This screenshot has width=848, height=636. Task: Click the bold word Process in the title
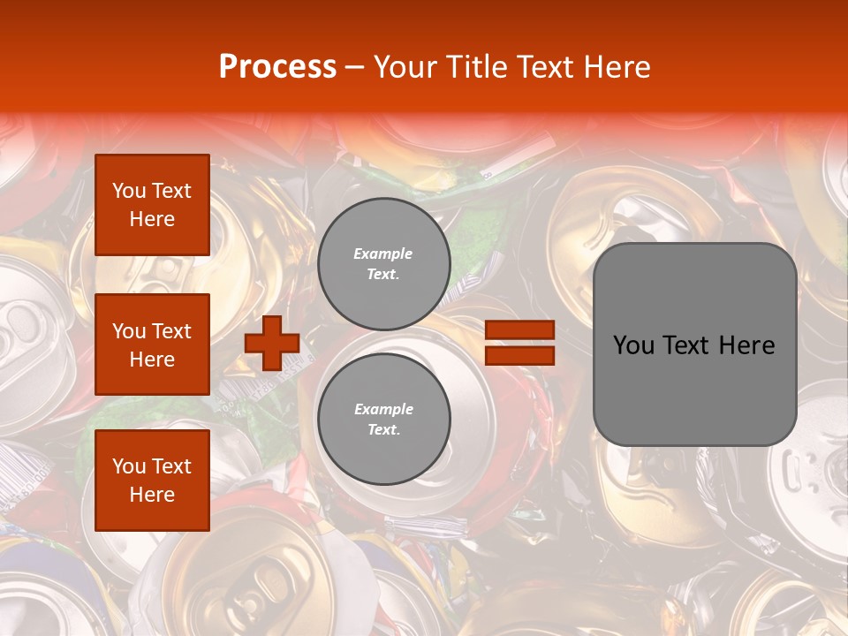tap(277, 67)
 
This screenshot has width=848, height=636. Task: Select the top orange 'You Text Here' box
tap(152, 205)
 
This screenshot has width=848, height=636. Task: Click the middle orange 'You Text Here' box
tap(152, 344)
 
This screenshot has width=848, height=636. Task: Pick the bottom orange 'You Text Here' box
tap(152, 481)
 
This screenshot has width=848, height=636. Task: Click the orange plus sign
tap(271, 344)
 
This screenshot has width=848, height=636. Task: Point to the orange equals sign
tap(519, 343)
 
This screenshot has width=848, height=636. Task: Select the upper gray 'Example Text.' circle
tap(383, 264)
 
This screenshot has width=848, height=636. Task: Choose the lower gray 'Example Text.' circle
tap(383, 420)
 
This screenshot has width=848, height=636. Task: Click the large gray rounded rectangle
tap(694, 344)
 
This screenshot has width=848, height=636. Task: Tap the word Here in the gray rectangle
tap(746, 345)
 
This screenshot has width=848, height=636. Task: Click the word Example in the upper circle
tap(382, 254)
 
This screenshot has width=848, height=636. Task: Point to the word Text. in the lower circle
tap(383, 430)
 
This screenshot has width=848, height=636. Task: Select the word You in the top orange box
tap(129, 191)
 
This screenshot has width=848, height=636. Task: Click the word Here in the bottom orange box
tap(152, 495)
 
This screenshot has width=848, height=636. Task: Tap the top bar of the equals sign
tap(519, 330)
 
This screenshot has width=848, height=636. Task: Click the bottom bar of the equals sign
tap(519, 355)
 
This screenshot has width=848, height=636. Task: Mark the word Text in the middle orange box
tap(171, 331)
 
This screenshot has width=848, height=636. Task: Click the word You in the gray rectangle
tap(633, 345)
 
